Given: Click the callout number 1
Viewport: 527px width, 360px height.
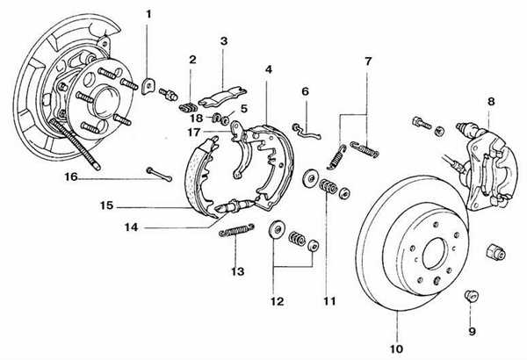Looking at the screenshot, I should [x=148, y=14].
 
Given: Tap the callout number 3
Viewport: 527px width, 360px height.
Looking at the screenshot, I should [x=223, y=40].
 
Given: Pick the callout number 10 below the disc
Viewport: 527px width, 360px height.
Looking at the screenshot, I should [x=394, y=343].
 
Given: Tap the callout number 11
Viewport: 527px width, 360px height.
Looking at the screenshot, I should [x=329, y=301].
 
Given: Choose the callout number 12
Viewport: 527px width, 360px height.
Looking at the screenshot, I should [x=277, y=301].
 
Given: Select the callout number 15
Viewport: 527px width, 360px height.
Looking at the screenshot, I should [x=106, y=207].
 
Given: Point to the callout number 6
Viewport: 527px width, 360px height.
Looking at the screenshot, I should [x=306, y=90].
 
